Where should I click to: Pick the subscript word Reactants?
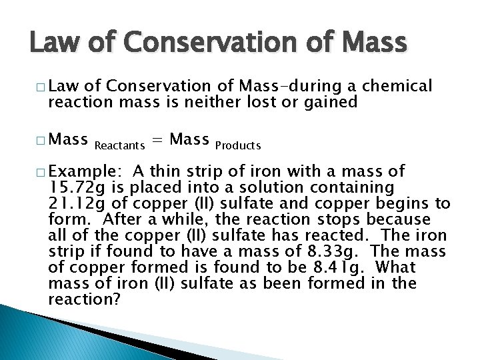(x=121, y=145)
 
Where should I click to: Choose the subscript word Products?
(x=238, y=145)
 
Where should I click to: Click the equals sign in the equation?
(x=158, y=140)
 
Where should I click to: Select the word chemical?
(x=399, y=86)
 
